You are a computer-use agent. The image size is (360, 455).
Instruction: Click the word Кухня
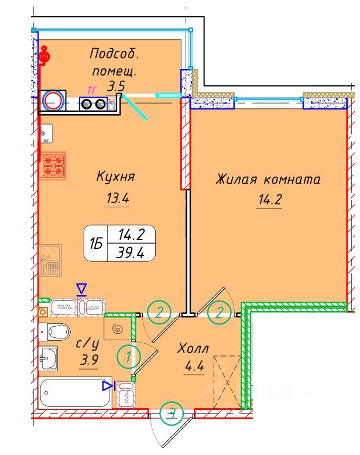tap(115, 176)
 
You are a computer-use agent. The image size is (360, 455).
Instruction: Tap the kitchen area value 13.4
tap(117, 198)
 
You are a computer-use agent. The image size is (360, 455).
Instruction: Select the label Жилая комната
tap(269, 179)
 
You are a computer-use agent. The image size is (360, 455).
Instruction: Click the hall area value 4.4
tap(195, 369)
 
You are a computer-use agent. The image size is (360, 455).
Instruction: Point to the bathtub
tap(73, 392)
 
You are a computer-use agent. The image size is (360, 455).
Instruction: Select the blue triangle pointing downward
tap(82, 288)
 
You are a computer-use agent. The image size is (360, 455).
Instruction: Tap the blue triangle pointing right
tap(107, 385)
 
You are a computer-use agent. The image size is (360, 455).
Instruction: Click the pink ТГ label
tap(91, 90)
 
